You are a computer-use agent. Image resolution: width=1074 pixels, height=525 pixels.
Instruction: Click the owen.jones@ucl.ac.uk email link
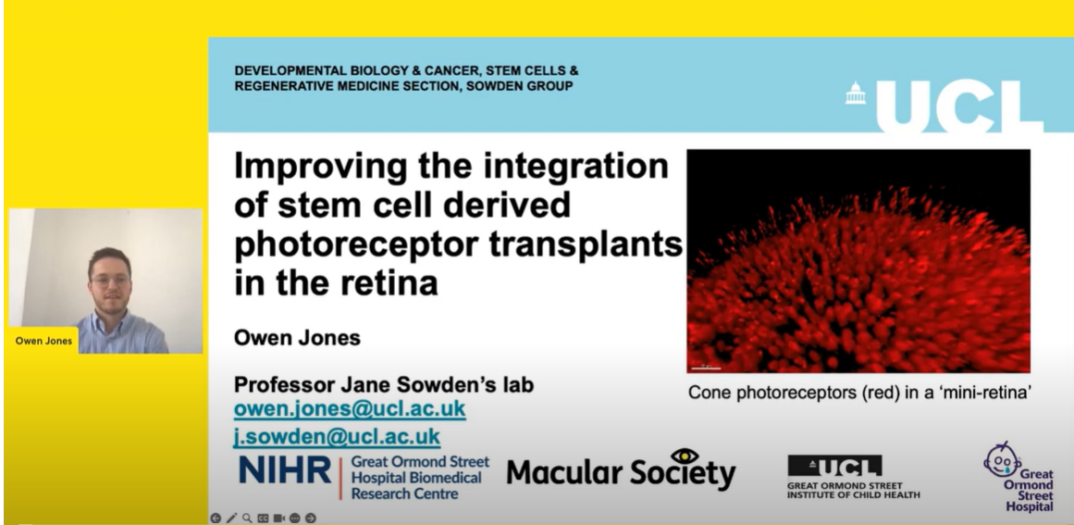coord(350,409)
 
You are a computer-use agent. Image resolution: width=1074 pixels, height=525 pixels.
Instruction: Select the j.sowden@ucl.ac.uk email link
coord(337,437)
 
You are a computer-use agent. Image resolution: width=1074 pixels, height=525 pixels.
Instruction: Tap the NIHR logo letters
coord(284,470)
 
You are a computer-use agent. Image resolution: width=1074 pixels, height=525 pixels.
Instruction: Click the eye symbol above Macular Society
coord(685,456)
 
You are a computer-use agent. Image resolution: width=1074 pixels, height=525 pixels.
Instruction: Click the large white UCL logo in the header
coord(959,106)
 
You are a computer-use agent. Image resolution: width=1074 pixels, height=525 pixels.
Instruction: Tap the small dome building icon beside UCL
coord(856,94)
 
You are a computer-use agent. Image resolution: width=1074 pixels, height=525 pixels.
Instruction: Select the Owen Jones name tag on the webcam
coord(43,341)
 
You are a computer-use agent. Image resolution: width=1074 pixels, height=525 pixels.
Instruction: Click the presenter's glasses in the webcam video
coord(109,281)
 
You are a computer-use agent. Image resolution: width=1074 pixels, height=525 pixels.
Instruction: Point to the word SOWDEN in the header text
coord(492,86)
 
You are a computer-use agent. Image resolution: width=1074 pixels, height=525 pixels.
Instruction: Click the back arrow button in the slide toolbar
coord(215,519)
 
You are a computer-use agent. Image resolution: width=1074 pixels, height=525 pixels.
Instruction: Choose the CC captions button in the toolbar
coord(263,519)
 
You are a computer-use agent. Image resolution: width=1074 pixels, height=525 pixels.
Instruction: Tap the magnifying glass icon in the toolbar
coord(247,519)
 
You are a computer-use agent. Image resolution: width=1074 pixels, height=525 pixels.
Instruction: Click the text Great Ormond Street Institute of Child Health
coord(854,490)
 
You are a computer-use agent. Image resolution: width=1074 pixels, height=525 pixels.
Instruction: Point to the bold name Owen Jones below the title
coord(297,338)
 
